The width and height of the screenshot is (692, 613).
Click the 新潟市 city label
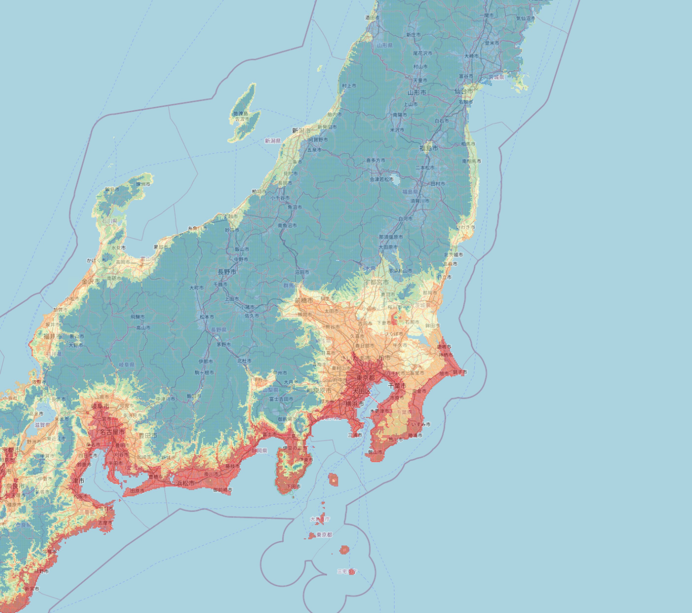coord(301,130)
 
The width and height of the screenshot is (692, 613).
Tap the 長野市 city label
coord(227,272)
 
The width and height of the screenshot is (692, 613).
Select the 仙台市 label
coord(463,91)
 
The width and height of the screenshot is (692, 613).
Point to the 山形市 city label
coord(417,92)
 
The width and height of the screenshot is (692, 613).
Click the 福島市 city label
coord(428,148)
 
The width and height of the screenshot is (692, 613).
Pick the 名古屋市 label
coord(112,432)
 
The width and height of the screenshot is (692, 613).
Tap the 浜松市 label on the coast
coord(185,483)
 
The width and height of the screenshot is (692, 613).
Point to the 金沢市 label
coord(91,281)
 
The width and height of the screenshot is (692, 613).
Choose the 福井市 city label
coord(53,336)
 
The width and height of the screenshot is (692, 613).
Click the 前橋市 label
coord(304,300)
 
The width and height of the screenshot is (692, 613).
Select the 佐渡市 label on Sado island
coord(242,119)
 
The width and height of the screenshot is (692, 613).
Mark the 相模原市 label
coord(319,391)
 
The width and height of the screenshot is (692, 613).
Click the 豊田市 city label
coord(148,436)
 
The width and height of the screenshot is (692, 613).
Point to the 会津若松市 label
coord(381,179)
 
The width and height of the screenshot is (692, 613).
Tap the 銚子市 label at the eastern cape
coord(460,372)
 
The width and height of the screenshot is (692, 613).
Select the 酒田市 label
coord(372,17)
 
